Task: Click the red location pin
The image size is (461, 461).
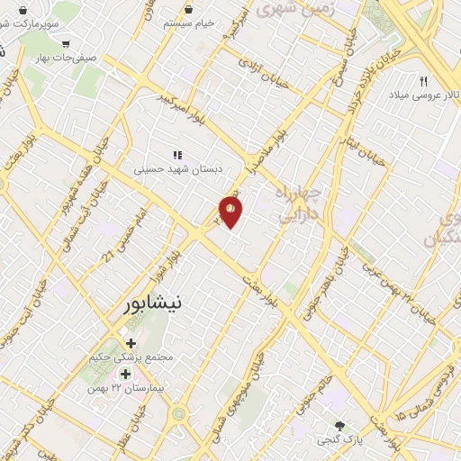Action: coord(230,212)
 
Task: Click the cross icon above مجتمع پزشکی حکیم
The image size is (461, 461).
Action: coord(132,343)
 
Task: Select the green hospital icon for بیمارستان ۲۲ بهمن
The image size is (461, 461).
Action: coord(125,373)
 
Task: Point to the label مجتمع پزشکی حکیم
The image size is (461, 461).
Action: coord(132,357)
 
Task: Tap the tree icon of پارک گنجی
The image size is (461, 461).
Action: coord(339,426)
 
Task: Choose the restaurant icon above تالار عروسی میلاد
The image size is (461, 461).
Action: coord(423,80)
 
